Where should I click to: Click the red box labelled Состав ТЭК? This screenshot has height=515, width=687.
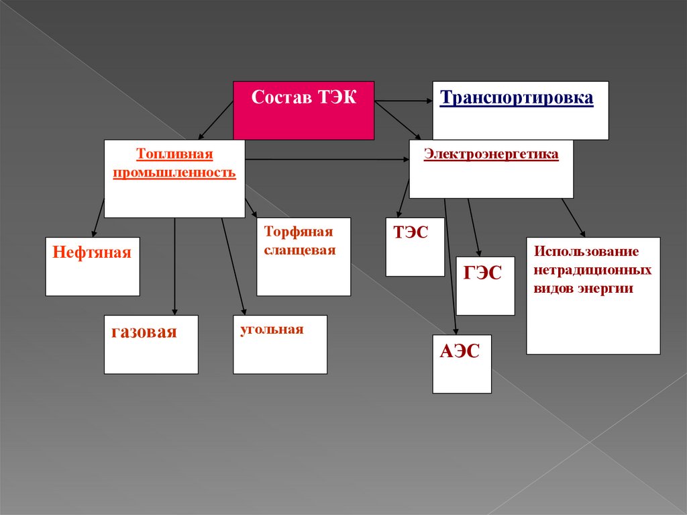303,110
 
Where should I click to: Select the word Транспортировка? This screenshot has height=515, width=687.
517,98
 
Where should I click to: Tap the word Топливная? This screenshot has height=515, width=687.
174,155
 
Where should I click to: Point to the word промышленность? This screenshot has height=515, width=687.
174,173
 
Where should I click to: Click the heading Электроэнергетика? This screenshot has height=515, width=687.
491,154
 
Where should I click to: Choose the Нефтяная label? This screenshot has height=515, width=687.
92,253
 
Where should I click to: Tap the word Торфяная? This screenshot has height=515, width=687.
299,232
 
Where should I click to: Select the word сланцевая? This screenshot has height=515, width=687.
300,250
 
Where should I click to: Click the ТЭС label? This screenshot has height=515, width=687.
411,233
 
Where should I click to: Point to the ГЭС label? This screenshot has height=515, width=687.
483,273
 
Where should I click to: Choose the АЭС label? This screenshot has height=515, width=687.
460,351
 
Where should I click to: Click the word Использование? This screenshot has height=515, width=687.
586,252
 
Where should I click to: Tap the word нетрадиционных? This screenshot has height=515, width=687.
593,270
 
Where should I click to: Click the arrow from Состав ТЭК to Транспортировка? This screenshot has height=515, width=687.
403,101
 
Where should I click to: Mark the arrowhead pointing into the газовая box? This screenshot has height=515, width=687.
174,311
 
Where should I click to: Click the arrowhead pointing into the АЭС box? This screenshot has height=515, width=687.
456,330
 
